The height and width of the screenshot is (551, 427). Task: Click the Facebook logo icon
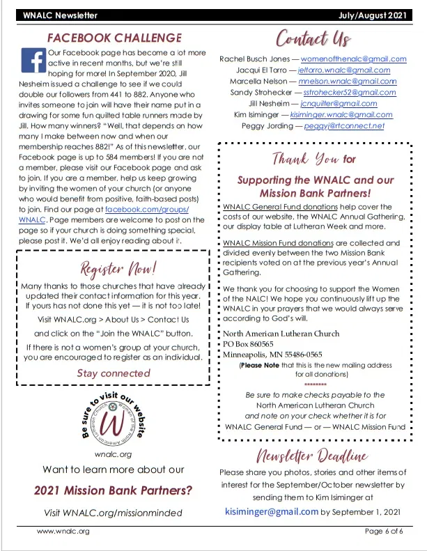(x=32, y=61)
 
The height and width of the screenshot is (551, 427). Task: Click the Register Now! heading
(x=113, y=267)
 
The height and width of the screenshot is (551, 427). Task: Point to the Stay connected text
(x=113, y=373)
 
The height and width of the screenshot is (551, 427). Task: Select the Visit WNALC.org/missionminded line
(x=113, y=513)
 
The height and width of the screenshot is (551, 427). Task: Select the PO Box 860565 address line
(x=249, y=344)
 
